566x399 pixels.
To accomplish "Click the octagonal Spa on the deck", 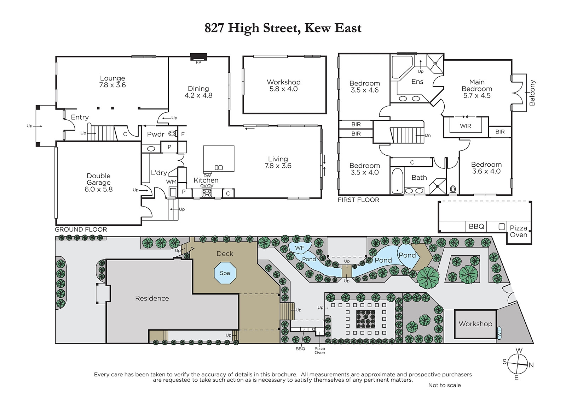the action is (225, 273).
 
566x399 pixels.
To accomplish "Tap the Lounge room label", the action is (112, 78).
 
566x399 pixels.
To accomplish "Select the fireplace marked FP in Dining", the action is (198, 57).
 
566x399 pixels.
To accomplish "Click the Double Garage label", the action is (99, 179).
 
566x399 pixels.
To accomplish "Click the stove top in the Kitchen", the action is (207, 193).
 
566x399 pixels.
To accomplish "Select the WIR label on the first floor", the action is (466, 126).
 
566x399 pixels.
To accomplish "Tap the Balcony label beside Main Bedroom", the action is (532, 93).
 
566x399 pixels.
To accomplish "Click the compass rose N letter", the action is (531, 365).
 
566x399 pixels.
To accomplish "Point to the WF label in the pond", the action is (300, 248).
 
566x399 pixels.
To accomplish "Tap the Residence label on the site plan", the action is (152, 298).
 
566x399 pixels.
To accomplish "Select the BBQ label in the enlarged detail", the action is (476, 226).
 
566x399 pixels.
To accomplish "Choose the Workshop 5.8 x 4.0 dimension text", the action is (283, 89).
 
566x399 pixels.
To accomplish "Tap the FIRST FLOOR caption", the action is (359, 200).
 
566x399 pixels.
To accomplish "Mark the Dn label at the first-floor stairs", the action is (428, 136).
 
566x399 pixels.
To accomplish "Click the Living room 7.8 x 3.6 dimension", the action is (278, 166).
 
